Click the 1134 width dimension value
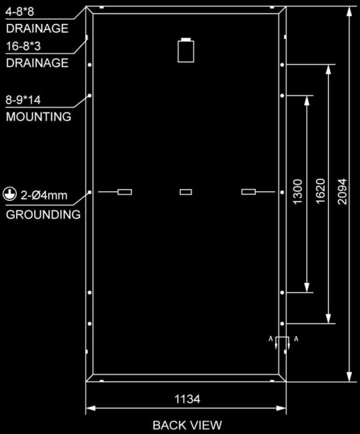point(187,399)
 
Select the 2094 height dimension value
point(342,191)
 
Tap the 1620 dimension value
point(321,191)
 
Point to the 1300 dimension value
point(298,192)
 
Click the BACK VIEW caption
point(187,425)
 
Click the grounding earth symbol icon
point(10,194)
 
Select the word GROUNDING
point(43,215)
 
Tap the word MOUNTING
point(39,117)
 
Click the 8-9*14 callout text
point(23,99)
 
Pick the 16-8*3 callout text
point(23,46)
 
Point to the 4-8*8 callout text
point(19,12)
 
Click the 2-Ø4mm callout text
point(44,195)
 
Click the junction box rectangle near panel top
point(186,51)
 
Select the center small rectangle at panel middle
point(186,192)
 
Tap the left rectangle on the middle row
point(125,192)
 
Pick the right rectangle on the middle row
point(248,192)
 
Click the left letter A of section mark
point(271,339)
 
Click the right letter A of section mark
point(296,339)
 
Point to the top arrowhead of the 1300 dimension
point(307,101)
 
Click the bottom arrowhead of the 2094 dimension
point(349,377)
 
